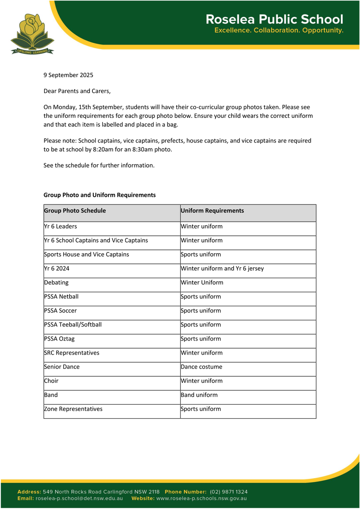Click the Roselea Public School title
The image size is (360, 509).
click(x=274, y=20)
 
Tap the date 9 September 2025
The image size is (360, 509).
click(x=68, y=75)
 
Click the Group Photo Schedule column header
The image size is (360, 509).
click(x=75, y=210)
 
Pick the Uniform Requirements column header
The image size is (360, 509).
click(x=212, y=210)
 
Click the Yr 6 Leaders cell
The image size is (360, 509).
click(x=61, y=227)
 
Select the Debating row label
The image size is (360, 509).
click(x=56, y=282)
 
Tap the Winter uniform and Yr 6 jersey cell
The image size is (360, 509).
click(x=222, y=268)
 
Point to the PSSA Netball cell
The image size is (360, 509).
click(x=61, y=296)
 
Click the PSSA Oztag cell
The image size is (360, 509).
click(x=60, y=339)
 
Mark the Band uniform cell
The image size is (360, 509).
click(x=199, y=395)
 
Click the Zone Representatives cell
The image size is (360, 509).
click(x=73, y=409)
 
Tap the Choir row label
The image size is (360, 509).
click(x=51, y=381)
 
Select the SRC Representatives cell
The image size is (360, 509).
click(x=72, y=353)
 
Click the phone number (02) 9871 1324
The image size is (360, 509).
click(x=229, y=492)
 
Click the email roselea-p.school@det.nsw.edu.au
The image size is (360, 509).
click(x=79, y=498)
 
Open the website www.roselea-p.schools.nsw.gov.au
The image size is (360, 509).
click(x=201, y=498)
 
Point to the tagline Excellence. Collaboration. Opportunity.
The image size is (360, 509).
click(x=279, y=31)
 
